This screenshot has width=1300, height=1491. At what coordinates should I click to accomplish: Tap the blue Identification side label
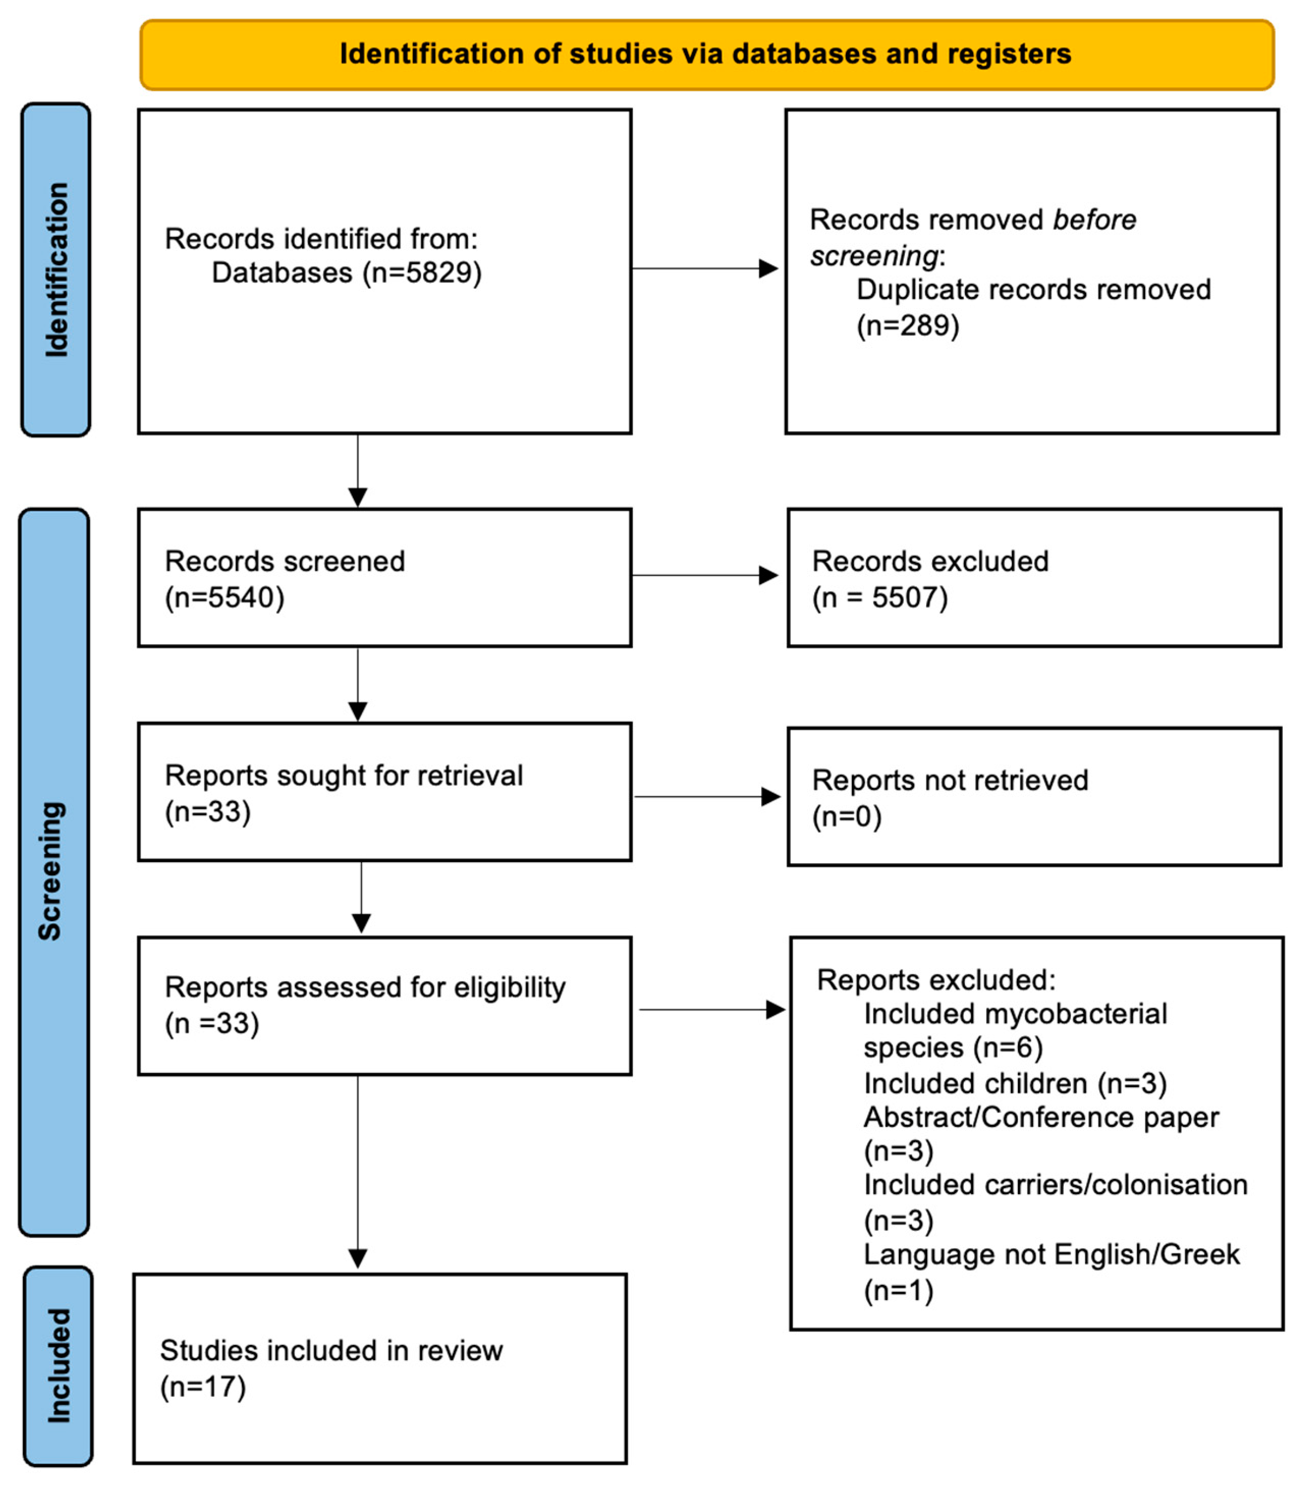point(56,269)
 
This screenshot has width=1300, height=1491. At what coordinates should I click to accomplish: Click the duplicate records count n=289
point(907,326)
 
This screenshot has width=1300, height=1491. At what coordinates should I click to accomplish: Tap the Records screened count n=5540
point(225,598)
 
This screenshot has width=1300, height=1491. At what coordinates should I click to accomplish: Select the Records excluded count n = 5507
point(880,598)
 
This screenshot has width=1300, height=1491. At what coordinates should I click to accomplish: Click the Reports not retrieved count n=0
point(847,817)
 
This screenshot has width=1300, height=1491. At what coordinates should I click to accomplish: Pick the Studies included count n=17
point(203,1387)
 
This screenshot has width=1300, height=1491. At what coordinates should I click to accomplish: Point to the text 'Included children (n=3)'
point(1014,1083)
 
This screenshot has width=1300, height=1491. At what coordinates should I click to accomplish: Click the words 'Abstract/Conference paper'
point(1040,1117)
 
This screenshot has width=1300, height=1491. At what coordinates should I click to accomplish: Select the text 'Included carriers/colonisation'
point(1055,1185)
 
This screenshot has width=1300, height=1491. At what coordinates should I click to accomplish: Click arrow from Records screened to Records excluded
point(704,575)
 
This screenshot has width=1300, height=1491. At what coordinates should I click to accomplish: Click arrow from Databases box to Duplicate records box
point(704,268)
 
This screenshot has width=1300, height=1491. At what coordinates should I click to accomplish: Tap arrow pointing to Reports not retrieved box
point(707,796)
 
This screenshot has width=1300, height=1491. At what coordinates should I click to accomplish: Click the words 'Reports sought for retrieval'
point(343,776)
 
